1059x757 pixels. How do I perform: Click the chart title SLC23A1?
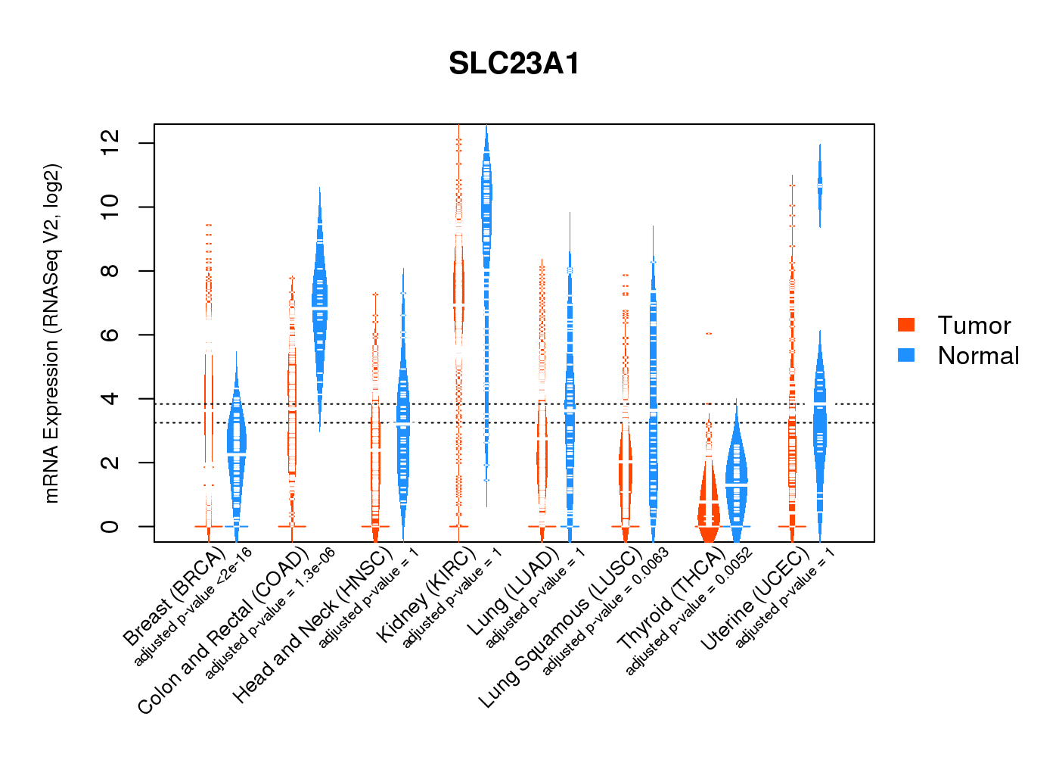514,64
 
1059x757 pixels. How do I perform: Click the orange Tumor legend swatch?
906,325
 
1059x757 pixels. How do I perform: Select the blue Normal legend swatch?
906,355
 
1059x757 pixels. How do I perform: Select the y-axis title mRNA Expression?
51,333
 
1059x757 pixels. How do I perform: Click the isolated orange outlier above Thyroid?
709,334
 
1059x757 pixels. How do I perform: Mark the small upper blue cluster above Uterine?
819,185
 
